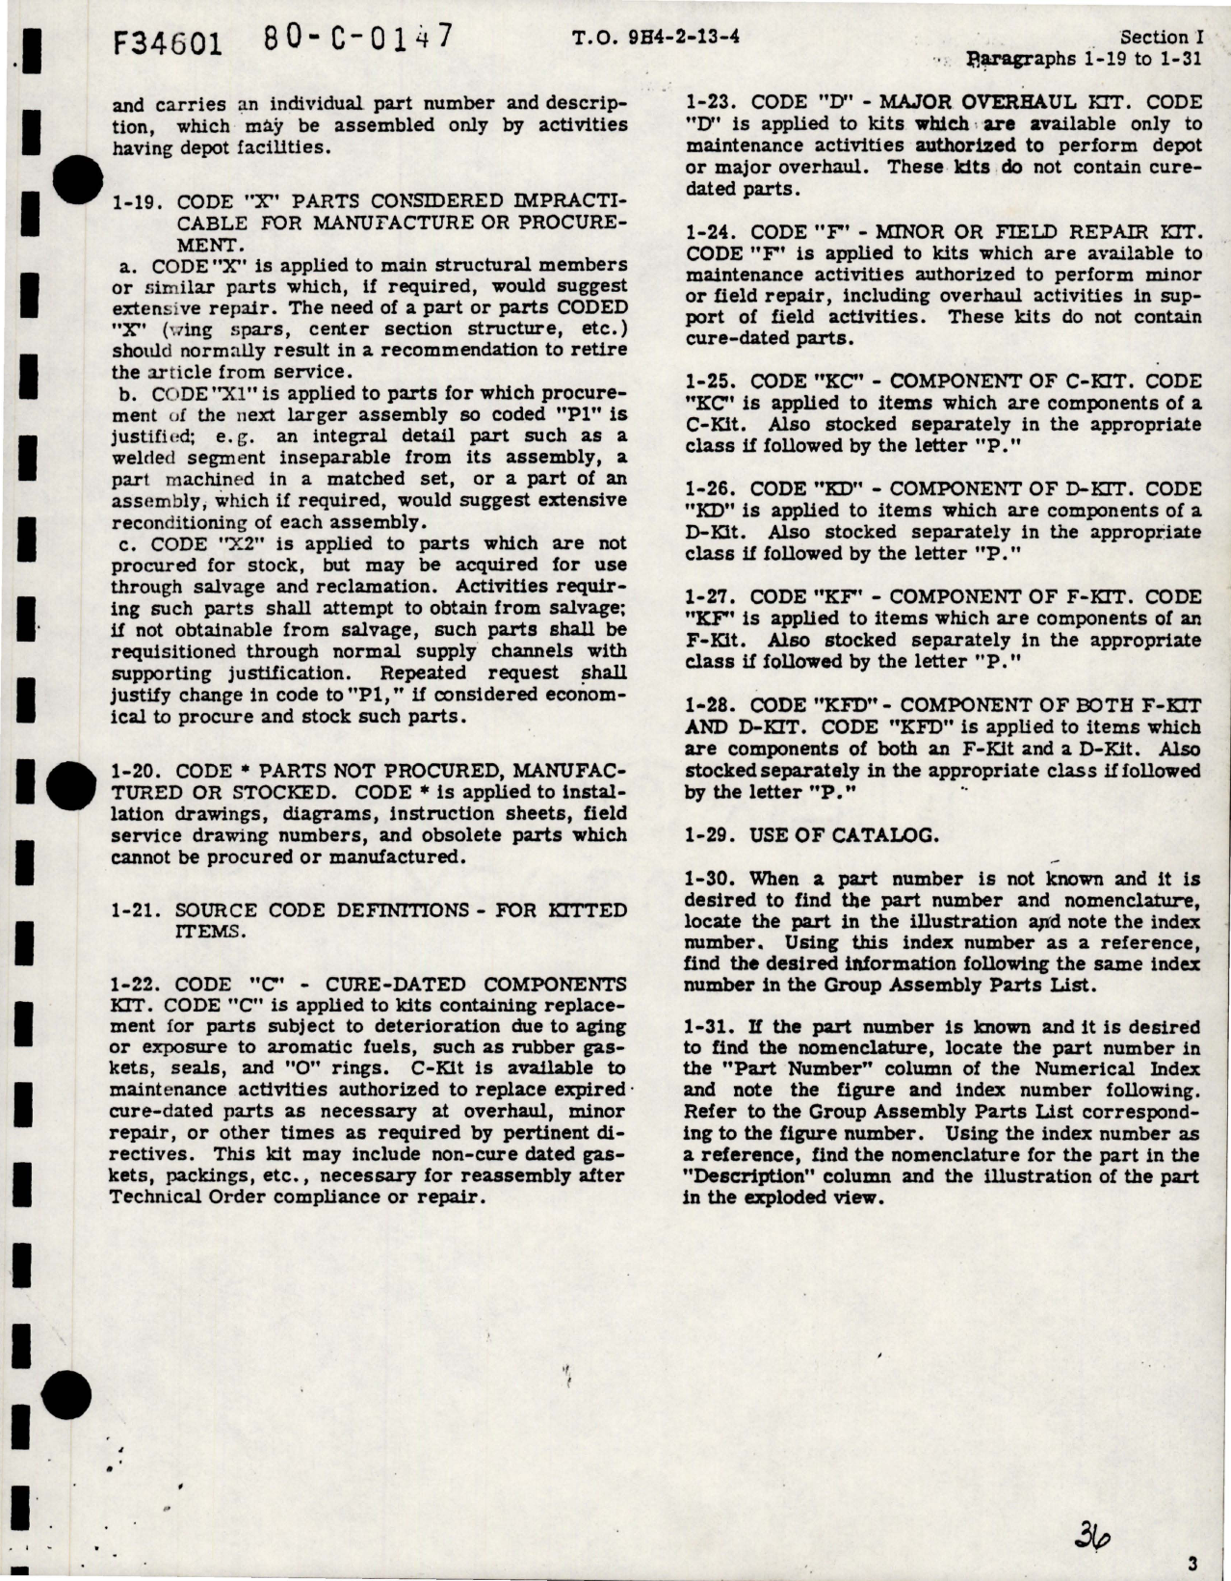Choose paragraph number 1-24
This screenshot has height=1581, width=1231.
(x=714, y=232)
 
